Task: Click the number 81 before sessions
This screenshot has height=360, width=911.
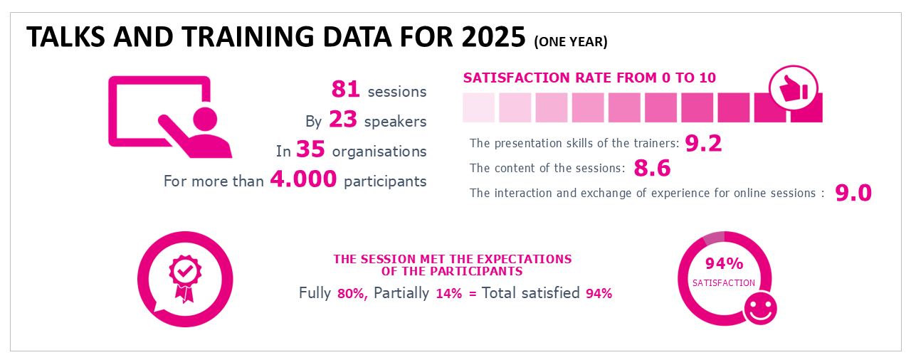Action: [x=346, y=90]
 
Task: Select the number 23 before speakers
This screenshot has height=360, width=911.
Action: [x=343, y=120]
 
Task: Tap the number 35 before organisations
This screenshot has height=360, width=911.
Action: [x=310, y=150]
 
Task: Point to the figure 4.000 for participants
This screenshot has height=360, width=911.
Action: [x=303, y=180]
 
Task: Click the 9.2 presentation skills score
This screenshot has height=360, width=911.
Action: [x=703, y=144]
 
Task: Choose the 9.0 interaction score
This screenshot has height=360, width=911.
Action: [x=853, y=193]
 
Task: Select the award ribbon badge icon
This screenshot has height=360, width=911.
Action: [x=184, y=277]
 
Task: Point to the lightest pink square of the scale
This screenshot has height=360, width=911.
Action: [x=478, y=107]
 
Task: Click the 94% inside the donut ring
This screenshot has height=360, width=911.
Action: [x=724, y=264]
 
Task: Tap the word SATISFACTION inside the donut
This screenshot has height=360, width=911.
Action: [x=724, y=283]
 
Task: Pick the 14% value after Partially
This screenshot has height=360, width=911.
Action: [x=448, y=293]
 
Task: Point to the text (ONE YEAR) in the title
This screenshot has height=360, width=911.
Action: [x=571, y=42]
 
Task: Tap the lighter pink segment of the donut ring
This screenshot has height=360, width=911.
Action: [x=713, y=238]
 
